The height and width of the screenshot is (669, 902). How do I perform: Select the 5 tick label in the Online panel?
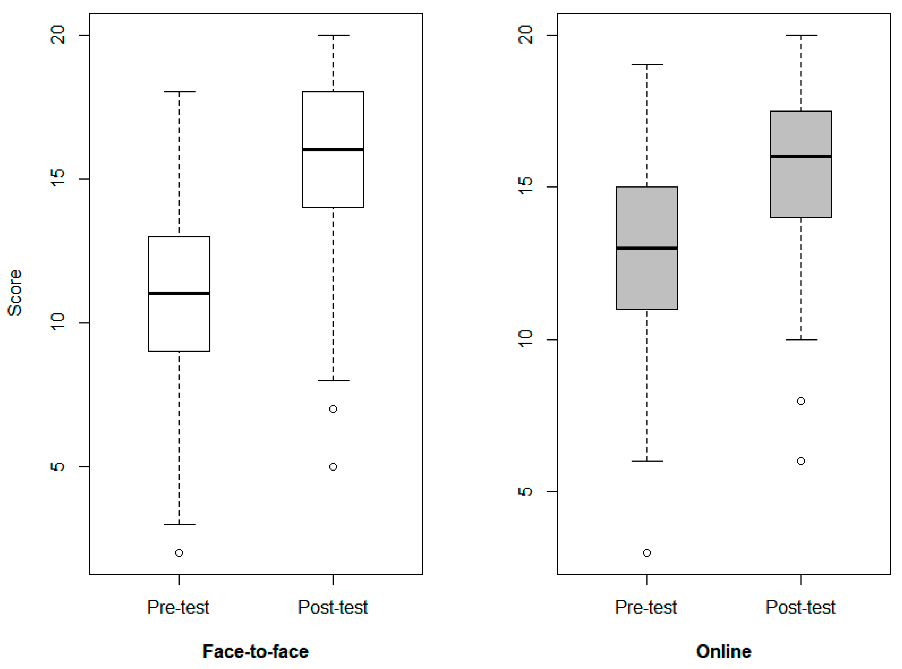point(525,491)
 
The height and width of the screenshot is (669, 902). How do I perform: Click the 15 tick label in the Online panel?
point(525,186)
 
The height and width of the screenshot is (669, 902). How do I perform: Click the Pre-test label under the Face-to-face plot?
point(178,607)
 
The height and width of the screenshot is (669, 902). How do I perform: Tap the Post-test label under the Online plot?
point(800,607)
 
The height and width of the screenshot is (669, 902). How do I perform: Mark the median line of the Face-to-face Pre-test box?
point(179,293)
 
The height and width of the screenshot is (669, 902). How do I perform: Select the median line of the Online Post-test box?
point(801,156)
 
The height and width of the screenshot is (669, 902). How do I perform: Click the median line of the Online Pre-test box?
point(647,248)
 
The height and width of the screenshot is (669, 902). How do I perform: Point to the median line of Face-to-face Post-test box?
point(333,149)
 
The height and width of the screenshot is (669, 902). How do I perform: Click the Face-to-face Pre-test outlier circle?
point(179,553)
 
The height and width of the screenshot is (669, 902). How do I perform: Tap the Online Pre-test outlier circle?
point(647,553)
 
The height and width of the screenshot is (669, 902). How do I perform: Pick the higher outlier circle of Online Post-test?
point(801,401)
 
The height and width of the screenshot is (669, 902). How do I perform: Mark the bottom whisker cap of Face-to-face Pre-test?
point(179,524)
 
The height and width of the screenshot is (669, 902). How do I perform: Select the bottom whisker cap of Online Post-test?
point(801,340)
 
